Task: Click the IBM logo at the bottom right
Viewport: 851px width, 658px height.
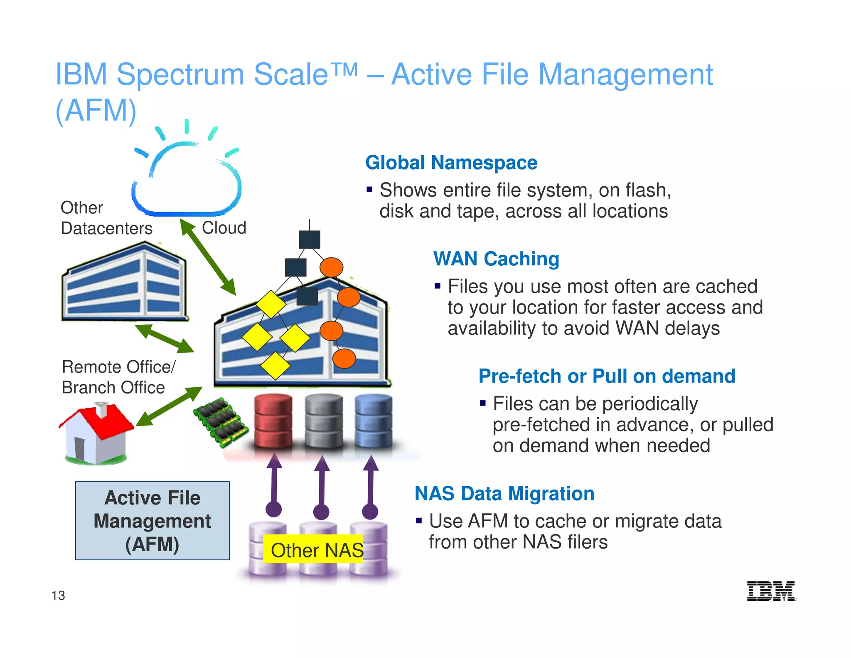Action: tap(771, 591)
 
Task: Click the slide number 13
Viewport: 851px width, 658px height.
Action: tap(58, 595)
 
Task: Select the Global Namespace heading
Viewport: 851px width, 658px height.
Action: tap(451, 163)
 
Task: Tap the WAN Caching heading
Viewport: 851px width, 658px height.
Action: tap(496, 259)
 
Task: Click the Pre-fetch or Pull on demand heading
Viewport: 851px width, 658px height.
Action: tap(607, 376)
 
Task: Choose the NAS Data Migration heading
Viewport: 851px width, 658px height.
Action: tap(504, 494)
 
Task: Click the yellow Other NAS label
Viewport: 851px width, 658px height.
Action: tap(314, 549)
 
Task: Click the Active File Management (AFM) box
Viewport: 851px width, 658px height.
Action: tap(152, 521)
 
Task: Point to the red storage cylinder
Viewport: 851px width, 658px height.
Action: tap(273, 421)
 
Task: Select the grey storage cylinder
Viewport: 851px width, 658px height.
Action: tap(324, 421)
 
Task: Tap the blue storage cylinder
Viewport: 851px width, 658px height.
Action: tap(373, 421)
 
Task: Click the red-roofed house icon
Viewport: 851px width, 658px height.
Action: tap(96, 434)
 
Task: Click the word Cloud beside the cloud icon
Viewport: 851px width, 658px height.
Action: tap(224, 228)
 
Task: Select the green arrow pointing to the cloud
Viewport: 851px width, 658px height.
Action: tap(208, 257)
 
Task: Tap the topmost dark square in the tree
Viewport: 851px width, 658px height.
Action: tap(310, 240)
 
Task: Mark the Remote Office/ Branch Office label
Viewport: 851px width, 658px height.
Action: tap(118, 377)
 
